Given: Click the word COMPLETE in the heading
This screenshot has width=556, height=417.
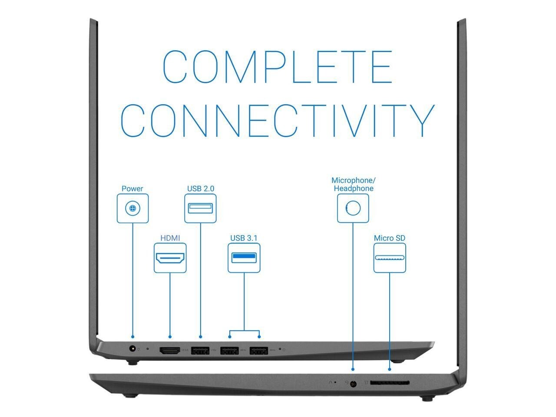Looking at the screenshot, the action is click(277, 67).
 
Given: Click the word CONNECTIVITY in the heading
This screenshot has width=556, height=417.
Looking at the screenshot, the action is click(278, 120).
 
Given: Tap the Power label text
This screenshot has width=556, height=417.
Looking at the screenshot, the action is click(132, 189).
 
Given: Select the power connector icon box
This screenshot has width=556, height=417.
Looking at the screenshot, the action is click(132, 208).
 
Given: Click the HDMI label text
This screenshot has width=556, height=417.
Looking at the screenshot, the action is click(170, 238).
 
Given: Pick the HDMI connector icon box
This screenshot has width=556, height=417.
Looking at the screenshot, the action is click(170, 258).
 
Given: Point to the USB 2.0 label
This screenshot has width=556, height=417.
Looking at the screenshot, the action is click(200, 189).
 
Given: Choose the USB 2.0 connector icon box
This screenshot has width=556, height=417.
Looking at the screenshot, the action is click(200, 208).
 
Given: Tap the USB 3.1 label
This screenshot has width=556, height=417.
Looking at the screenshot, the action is click(244, 238).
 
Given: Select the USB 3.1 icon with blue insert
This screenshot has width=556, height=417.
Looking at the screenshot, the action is click(244, 258).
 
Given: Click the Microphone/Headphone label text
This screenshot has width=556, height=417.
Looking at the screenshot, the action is click(353, 184).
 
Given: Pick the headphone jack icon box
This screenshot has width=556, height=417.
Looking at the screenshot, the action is click(353, 208).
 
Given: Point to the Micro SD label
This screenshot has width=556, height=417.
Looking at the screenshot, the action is click(389, 238).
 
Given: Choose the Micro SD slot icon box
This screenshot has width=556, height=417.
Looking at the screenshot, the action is click(390, 258).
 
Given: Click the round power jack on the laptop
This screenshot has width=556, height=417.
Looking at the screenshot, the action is click(132, 348).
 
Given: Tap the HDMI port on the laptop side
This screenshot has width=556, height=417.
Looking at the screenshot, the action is click(170, 351).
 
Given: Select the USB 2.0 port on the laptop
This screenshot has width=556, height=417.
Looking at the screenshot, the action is click(200, 351).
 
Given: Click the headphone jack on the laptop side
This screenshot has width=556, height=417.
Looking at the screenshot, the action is click(353, 384).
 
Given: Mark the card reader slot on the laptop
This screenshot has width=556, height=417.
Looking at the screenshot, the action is click(390, 383).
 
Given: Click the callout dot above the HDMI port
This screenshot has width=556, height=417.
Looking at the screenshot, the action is click(170, 337).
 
